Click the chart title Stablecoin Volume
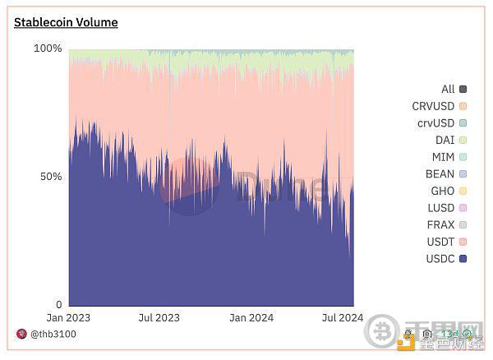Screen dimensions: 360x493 pyautogui.click(x=66, y=22)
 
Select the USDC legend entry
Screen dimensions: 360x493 pyautogui.click(x=447, y=259)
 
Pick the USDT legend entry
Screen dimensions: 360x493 pyautogui.click(x=447, y=242)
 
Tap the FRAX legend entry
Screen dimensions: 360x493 pyautogui.click(x=447, y=224)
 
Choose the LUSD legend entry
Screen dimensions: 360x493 pyautogui.click(x=447, y=208)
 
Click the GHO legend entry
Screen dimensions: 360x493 pyautogui.click(x=447, y=191)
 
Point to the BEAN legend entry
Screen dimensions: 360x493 pyautogui.click(x=447, y=174)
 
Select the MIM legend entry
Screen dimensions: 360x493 pyautogui.click(x=449, y=157)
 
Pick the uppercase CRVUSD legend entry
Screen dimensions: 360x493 pyautogui.click(x=439, y=106)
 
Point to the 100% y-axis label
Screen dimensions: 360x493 pyautogui.click(x=48, y=48)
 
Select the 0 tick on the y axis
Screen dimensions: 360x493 pyautogui.click(x=59, y=305)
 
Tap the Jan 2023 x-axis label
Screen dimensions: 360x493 pyautogui.click(x=68, y=318)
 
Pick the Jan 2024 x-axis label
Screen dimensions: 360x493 pyautogui.click(x=251, y=318)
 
